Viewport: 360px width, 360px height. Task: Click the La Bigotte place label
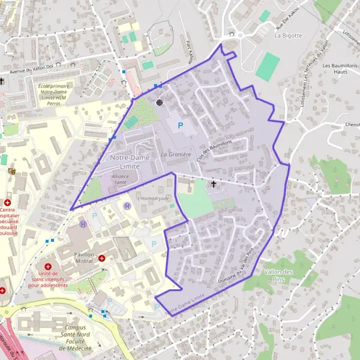click(x=288, y=35)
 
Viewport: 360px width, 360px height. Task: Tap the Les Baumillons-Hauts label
click(x=340, y=68)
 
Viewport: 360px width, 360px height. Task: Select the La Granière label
click(x=175, y=154)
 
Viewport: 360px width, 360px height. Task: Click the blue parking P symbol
click(x=180, y=126)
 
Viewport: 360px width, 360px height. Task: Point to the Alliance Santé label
click(x=124, y=180)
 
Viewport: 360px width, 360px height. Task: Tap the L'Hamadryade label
click(x=154, y=198)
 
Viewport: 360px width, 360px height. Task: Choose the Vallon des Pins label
click(x=278, y=275)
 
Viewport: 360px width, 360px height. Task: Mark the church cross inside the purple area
click(x=213, y=184)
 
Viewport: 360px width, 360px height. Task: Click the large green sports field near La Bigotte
click(x=268, y=67)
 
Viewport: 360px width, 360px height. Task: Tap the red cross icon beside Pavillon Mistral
click(x=102, y=258)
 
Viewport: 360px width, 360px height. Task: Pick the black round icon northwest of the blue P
click(x=160, y=103)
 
